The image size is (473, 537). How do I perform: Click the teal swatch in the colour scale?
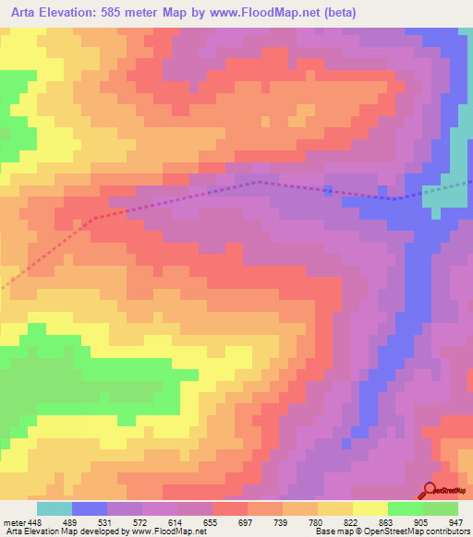click(54, 508)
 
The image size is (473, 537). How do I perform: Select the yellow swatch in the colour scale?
click(370, 508)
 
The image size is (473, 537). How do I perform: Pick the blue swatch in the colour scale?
click(90, 508)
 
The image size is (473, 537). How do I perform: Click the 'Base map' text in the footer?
click(335, 531)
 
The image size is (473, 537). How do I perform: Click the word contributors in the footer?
click(444, 531)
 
